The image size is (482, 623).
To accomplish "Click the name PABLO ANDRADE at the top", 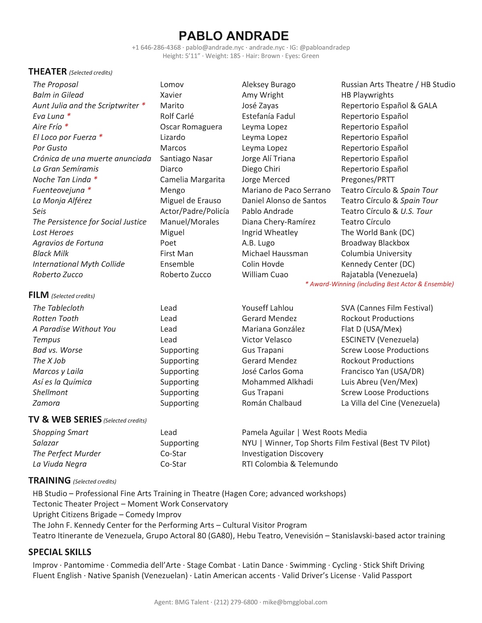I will coord(233,36).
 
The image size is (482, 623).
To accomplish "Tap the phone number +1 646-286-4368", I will coord(156,47).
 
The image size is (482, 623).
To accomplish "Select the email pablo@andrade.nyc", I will coord(214,47).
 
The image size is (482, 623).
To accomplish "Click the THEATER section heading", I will coord(47,71).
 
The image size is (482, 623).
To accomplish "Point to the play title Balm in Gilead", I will coord(58,95).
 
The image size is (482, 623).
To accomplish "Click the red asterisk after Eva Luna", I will coord(69,116).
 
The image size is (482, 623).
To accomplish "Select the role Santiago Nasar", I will coord(186,158).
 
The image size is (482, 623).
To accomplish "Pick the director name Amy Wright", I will coord(262,95).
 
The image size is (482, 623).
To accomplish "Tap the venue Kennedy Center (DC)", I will coord(378,264).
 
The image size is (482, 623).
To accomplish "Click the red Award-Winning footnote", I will coord(379,284).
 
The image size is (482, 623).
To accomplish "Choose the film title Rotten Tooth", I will coord(55,319).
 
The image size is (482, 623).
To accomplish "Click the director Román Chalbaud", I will coord(272,403).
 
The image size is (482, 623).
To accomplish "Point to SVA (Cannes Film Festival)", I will coord(387,308).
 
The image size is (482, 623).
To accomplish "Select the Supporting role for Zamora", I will coord(179,403).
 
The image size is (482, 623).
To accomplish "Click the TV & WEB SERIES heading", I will coord(65,420).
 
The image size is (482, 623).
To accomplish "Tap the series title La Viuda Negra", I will coord(59,464).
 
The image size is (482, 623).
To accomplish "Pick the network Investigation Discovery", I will coord(282,454).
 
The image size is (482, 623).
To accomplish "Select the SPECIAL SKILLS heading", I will coord(60,552).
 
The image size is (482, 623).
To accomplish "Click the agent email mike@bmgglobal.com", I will coord(295,602).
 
